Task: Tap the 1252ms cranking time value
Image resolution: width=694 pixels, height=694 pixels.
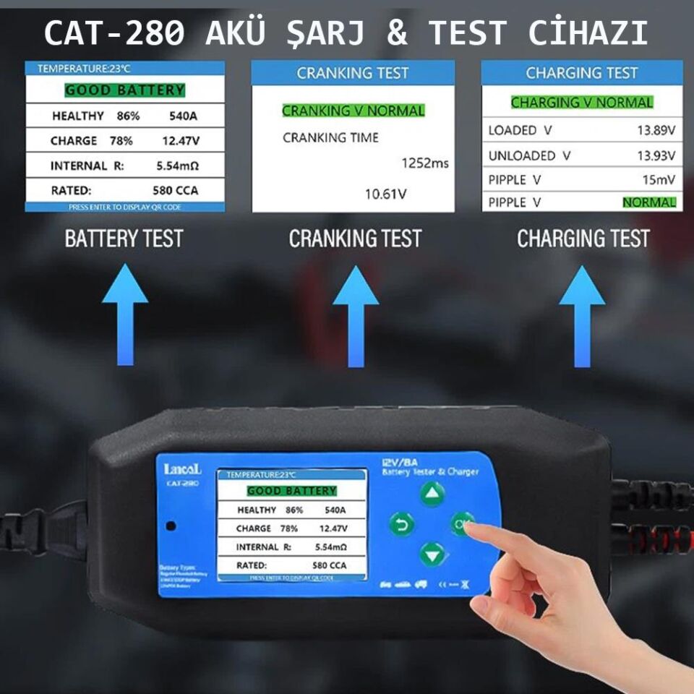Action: click(x=424, y=163)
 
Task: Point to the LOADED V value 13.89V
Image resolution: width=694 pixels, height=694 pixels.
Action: click(x=656, y=130)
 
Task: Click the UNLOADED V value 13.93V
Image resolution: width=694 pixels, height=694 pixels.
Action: click(x=656, y=155)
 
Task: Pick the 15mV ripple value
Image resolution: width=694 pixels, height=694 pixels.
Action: click(x=660, y=179)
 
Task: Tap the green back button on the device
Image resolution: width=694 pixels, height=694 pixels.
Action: click(x=401, y=523)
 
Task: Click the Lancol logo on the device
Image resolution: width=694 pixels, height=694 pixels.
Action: click(x=182, y=469)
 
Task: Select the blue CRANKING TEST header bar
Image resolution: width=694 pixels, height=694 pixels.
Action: click(x=353, y=73)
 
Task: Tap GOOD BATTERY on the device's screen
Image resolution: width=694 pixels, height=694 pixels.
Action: click(x=291, y=491)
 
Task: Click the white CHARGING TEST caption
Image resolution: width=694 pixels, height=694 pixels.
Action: click(x=583, y=239)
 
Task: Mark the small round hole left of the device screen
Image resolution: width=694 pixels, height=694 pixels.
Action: click(x=171, y=526)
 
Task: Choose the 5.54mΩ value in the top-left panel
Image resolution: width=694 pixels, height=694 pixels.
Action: click(x=178, y=166)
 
